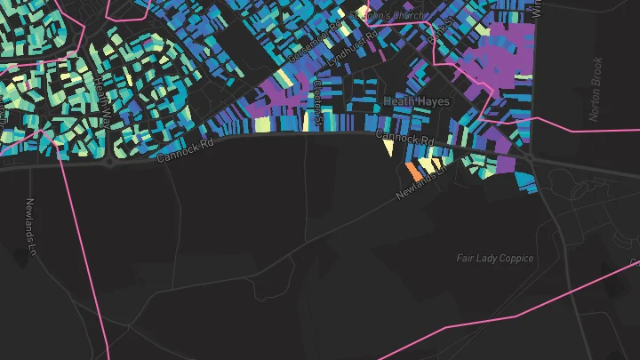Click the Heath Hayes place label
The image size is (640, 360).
point(417,102)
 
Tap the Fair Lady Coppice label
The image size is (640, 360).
point(495,259)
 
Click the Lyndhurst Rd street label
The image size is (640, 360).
point(354,44)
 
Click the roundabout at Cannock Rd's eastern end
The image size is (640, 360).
point(532,156)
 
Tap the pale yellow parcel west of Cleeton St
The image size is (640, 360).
point(262,125)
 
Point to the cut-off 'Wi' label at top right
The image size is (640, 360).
point(535,10)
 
